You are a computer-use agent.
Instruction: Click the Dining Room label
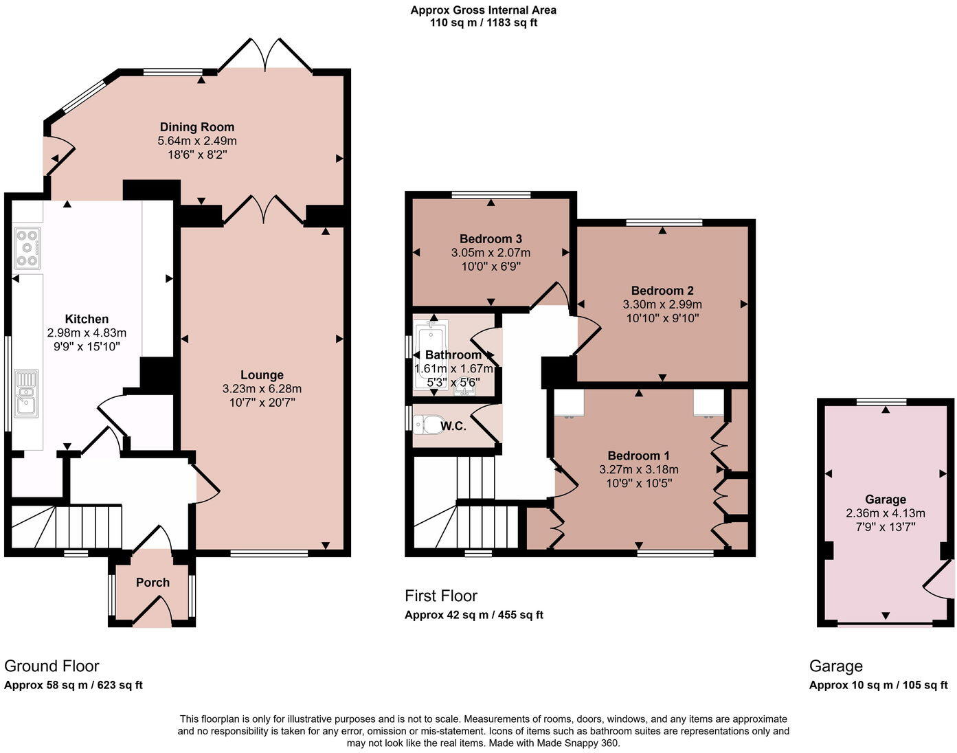[x=197, y=127]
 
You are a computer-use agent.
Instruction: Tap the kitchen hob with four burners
[x=27, y=247]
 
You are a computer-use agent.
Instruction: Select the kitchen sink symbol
[x=26, y=394]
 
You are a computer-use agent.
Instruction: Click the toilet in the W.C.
[x=431, y=425]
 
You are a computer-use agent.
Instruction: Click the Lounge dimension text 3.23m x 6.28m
[x=262, y=389]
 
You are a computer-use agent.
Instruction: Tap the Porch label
[x=153, y=583]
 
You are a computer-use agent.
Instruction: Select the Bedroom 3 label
[x=491, y=239]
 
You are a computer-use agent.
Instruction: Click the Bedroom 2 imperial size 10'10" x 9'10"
[x=662, y=318]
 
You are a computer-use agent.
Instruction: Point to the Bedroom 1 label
[x=638, y=456]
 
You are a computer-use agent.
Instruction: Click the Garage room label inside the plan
[x=885, y=499]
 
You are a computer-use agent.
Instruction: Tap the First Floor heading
[x=441, y=596]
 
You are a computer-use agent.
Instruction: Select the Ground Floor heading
[x=52, y=666]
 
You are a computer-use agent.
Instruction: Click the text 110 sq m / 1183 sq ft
[x=483, y=23]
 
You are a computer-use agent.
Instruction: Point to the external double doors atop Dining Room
[x=264, y=56]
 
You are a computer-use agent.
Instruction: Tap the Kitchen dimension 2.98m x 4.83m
[x=87, y=333]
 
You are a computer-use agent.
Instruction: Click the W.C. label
[x=453, y=426]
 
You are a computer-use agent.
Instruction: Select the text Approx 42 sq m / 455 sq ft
[x=473, y=615]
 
